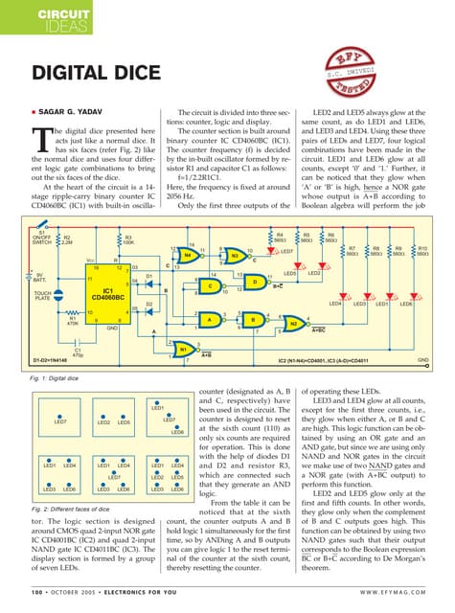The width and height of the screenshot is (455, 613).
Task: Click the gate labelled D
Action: click(255, 282)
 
